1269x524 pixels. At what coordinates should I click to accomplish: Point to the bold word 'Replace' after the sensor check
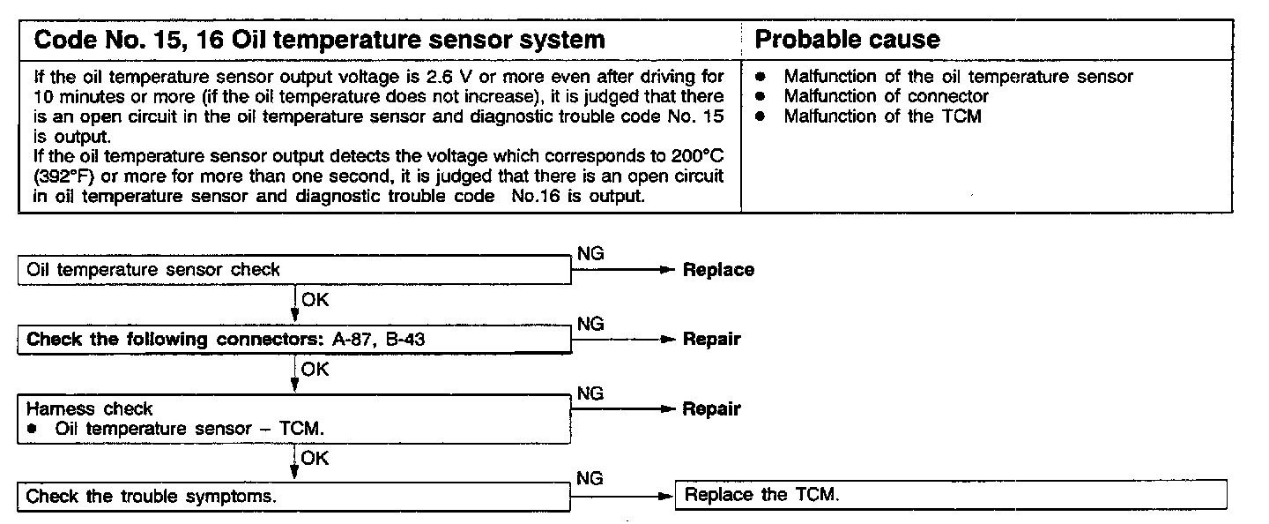[x=718, y=270]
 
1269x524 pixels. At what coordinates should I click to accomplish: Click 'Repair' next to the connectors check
[x=711, y=340]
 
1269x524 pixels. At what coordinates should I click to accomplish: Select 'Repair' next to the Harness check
[x=711, y=408]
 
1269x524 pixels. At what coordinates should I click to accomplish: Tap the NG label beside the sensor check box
[x=590, y=254]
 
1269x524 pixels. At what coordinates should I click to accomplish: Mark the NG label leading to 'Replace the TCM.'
[x=590, y=478]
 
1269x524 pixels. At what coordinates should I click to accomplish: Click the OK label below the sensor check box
[x=315, y=300]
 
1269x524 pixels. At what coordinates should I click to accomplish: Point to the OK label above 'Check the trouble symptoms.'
[x=315, y=457]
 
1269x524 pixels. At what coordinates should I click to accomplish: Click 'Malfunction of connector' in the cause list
[x=886, y=96]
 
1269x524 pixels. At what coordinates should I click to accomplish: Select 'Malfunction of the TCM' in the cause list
[x=882, y=116]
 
